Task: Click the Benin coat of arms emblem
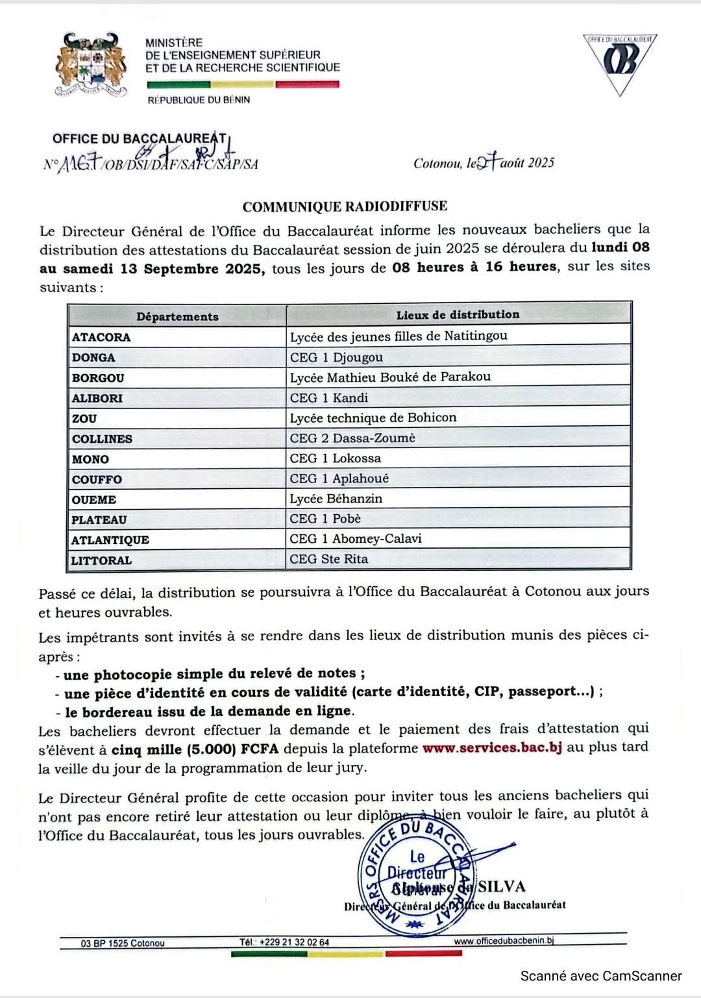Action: coord(91,65)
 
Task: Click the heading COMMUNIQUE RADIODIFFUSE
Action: coord(345,206)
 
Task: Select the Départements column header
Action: coord(177,316)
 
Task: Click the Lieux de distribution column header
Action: coord(458,314)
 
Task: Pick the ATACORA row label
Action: coord(101,337)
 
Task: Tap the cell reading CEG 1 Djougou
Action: coord(336,357)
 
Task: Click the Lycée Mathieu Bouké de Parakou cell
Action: coord(390,377)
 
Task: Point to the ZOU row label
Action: coord(84,419)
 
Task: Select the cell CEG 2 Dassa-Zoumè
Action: coord(352,438)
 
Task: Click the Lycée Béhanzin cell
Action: coord(336,499)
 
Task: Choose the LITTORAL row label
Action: coord(101,560)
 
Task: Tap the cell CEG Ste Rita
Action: coord(328,559)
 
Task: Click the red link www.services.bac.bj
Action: coord(492,747)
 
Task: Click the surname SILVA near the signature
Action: coord(502,887)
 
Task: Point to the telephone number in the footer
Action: coord(284,942)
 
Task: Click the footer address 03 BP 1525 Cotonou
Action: coord(123,943)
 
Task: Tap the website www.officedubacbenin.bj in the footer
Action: coord(504,941)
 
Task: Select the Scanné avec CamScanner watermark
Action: coord(601,976)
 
